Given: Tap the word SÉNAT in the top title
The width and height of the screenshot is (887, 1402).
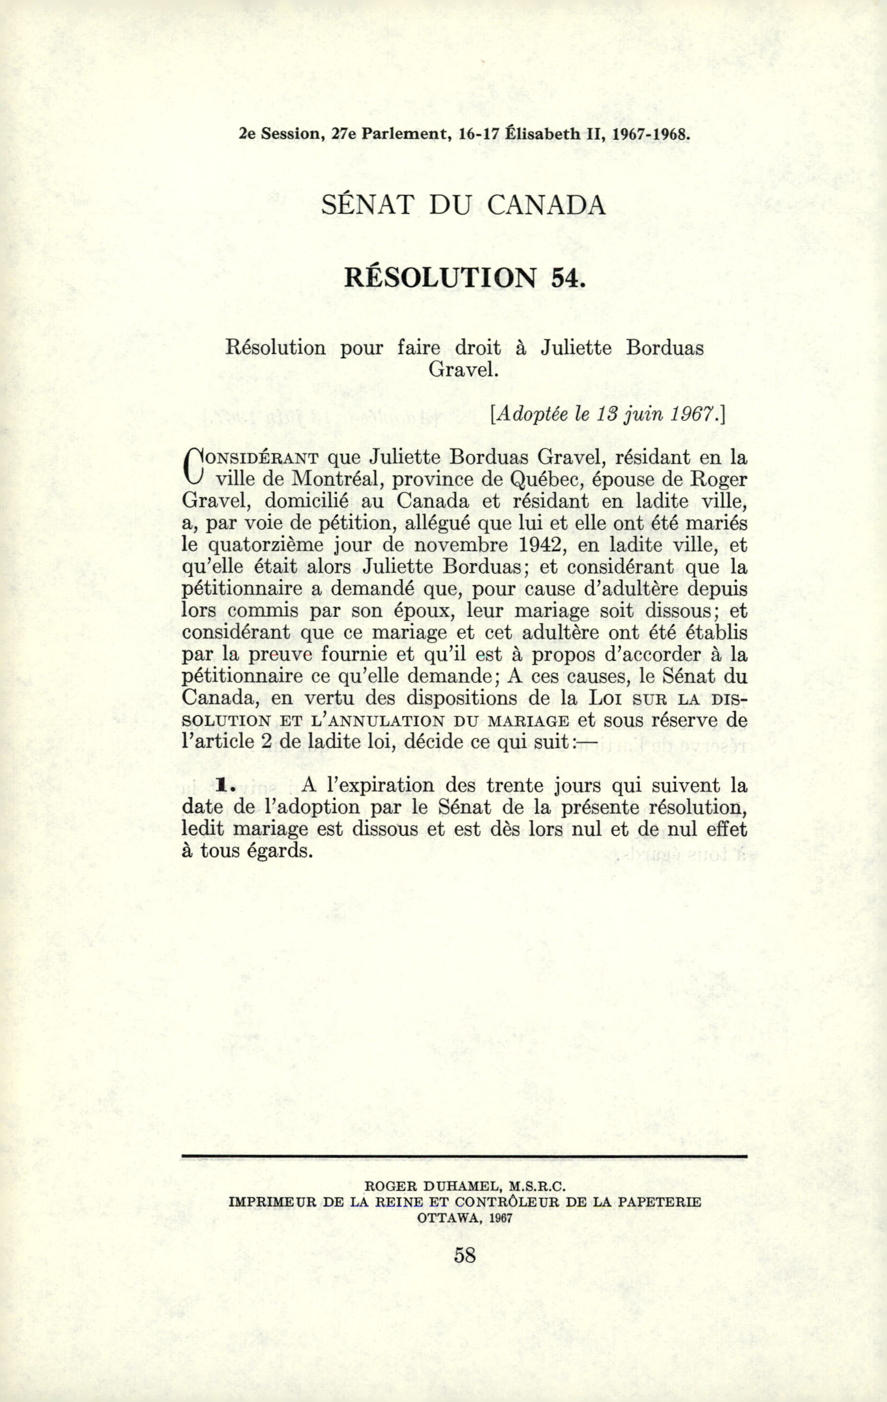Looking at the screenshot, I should click(367, 205).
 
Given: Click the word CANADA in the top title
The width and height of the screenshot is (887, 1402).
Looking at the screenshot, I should click(546, 205).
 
